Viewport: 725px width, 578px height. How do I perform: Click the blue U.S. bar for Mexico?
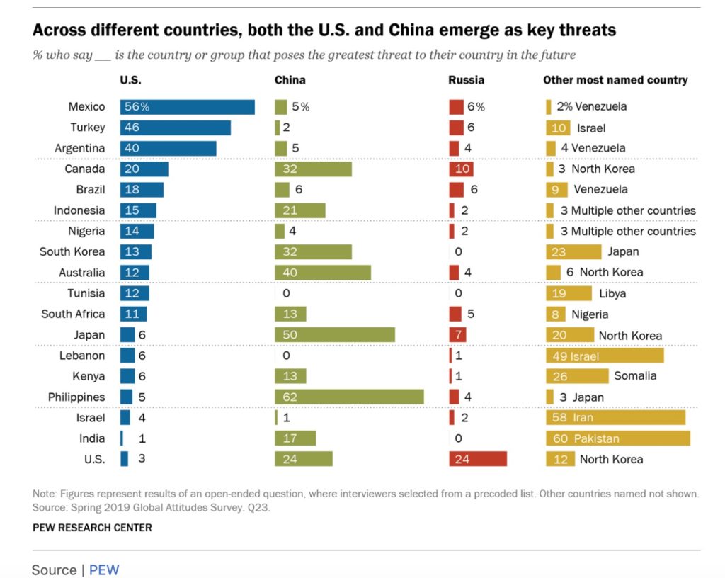coord(188,107)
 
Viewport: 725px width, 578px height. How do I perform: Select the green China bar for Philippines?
coord(349,397)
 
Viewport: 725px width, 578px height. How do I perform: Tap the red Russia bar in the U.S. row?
coord(478,459)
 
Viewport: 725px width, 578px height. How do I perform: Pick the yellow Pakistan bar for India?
coord(618,438)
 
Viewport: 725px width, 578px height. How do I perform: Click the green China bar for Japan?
coord(335,335)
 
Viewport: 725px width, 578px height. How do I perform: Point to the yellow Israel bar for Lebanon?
coord(605,356)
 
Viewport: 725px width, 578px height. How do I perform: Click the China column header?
coord(290,80)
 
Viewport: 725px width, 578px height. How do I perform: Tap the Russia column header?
coord(467,80)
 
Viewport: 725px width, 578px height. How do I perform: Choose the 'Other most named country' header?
coord(615,80)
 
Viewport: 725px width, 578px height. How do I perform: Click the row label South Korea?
coord(72,252)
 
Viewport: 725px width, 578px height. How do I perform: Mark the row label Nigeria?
coord(86,231)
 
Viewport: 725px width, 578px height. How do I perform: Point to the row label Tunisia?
coord(86,293)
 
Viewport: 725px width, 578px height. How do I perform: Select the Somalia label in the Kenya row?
coord(635,376)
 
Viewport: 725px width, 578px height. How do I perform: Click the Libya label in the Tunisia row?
coord(612,293)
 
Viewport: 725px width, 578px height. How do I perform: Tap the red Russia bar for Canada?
coord(461,169)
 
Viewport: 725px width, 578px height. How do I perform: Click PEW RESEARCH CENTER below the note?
coord(92,528)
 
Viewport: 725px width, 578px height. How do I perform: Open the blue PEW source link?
coord(104,569)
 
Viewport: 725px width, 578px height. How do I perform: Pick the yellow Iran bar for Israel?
coord(616,418)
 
